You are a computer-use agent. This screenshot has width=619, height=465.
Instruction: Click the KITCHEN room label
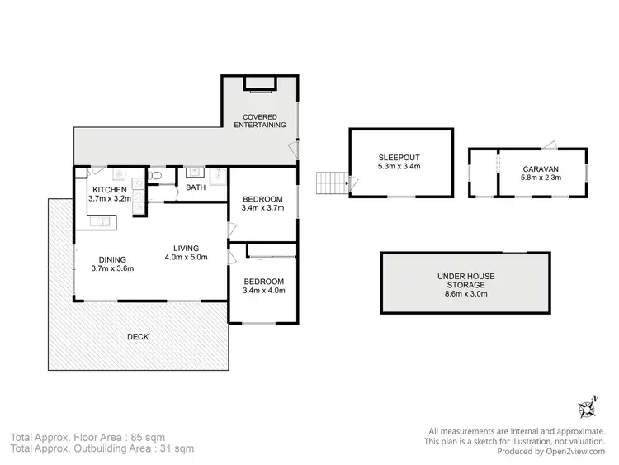coord(110,190)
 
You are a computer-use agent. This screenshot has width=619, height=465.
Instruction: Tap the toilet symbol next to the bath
coord(157,176)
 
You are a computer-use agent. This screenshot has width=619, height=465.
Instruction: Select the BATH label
coord(196,187)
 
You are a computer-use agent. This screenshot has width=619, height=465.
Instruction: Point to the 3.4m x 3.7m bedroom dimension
coord(263,208)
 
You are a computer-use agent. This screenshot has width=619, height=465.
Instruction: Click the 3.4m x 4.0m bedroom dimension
coord(263,290)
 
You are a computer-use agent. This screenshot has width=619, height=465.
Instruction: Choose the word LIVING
coord(187,248)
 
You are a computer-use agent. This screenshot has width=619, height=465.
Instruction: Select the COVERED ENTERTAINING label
coord(260,121)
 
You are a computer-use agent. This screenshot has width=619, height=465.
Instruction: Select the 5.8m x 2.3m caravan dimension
coord(541,177)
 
